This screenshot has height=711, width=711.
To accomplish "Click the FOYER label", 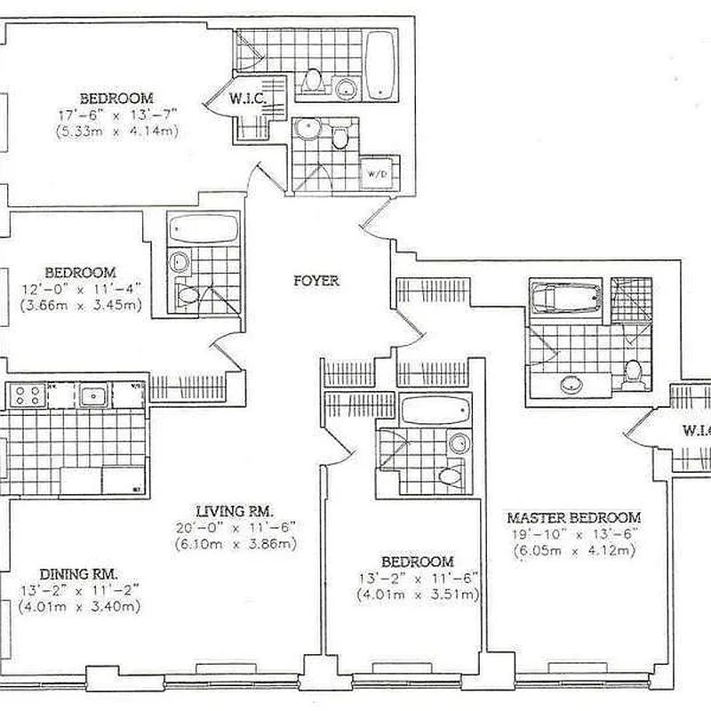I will pyautogui.click(x=316, y=281).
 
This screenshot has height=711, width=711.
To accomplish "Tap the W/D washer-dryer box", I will pyautogui.click(x=377, y=173).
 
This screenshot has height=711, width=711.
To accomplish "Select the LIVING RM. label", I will pyautogui.click(x=235, y=511).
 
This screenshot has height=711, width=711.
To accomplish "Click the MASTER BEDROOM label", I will pyautogui.click(x=573, y=517).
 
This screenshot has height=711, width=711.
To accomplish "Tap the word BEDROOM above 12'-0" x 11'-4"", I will pyautogui.click(x=80, y=272).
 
